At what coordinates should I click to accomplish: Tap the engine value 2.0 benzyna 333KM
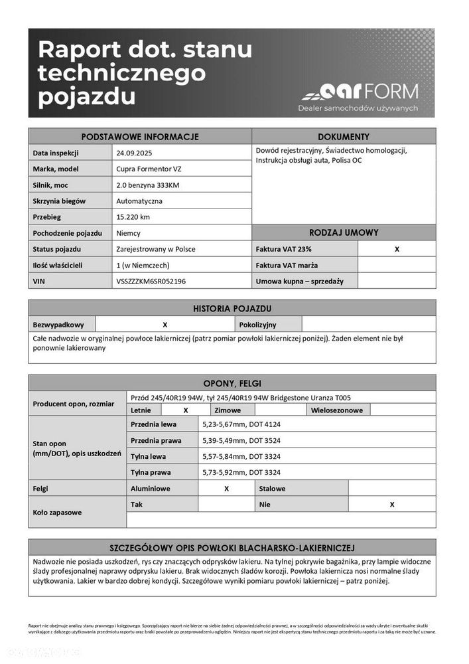(147, 185)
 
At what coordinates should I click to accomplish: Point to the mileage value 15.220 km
(133, 216)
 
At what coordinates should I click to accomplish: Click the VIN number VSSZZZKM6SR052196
(151, 281)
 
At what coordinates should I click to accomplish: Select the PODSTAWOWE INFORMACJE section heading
(139, 137)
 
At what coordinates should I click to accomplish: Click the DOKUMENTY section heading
(344, 137)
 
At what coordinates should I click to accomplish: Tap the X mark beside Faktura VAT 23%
(397, 249)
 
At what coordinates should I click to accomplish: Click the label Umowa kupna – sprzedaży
(299, 281)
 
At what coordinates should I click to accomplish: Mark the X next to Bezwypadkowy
(165, 325)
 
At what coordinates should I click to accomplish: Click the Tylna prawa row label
(151, 472)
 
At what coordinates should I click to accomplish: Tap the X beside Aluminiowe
(226, 488)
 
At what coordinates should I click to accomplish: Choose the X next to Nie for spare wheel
(392, 504)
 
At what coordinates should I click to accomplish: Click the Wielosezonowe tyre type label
(337, 410)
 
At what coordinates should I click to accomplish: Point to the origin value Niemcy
(128, 233)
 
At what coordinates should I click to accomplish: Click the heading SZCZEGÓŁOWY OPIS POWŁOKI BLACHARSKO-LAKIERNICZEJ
(232, 548)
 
